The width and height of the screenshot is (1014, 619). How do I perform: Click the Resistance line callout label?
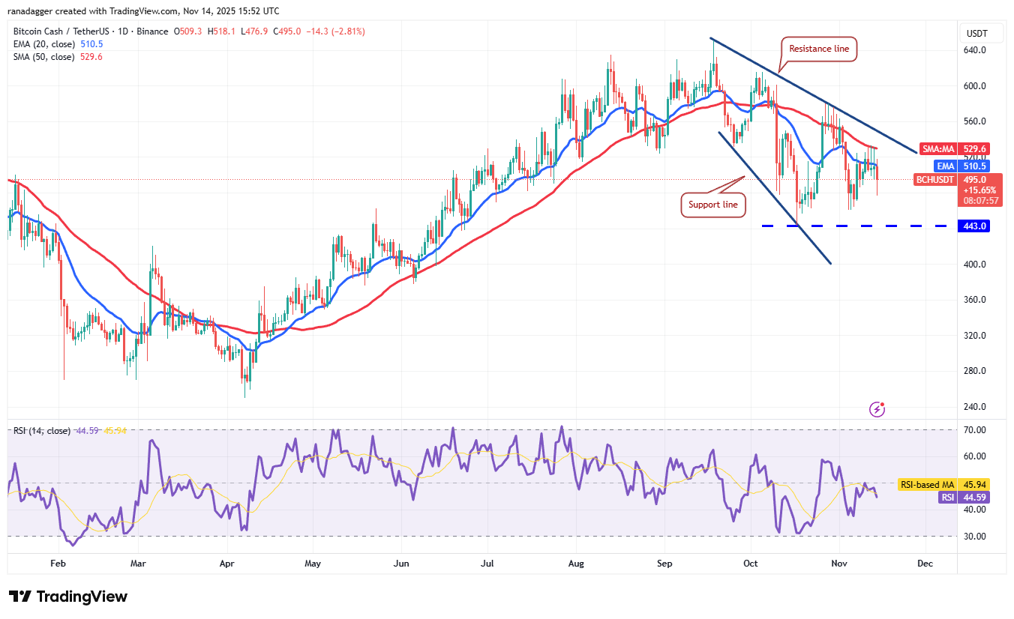coord(819,49)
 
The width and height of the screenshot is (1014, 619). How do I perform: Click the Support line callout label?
coord(713,205)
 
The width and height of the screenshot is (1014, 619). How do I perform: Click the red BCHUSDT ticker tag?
coord(934,180)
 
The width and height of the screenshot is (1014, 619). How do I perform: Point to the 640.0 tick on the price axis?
coord(975,50)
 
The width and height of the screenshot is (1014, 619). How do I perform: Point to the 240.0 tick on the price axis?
coord(975,407)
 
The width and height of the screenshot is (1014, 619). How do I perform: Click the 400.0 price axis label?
coord(975,265)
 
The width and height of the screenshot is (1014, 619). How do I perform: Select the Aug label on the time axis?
coord(576,563)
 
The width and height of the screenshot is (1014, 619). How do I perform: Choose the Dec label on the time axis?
coord(925,563)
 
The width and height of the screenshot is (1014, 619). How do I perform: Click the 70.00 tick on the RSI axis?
coord(975,430)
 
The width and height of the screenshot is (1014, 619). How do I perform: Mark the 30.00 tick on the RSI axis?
coord(975,537)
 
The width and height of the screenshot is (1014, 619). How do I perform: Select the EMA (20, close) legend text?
coord(43,44)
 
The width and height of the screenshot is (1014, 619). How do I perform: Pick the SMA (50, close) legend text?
coord(43,57)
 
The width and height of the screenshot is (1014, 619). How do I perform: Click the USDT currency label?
coord(976,33)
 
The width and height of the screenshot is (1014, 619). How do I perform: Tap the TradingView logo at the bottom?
coord(68,597)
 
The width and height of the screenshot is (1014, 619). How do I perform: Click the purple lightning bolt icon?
coord(877,409)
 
